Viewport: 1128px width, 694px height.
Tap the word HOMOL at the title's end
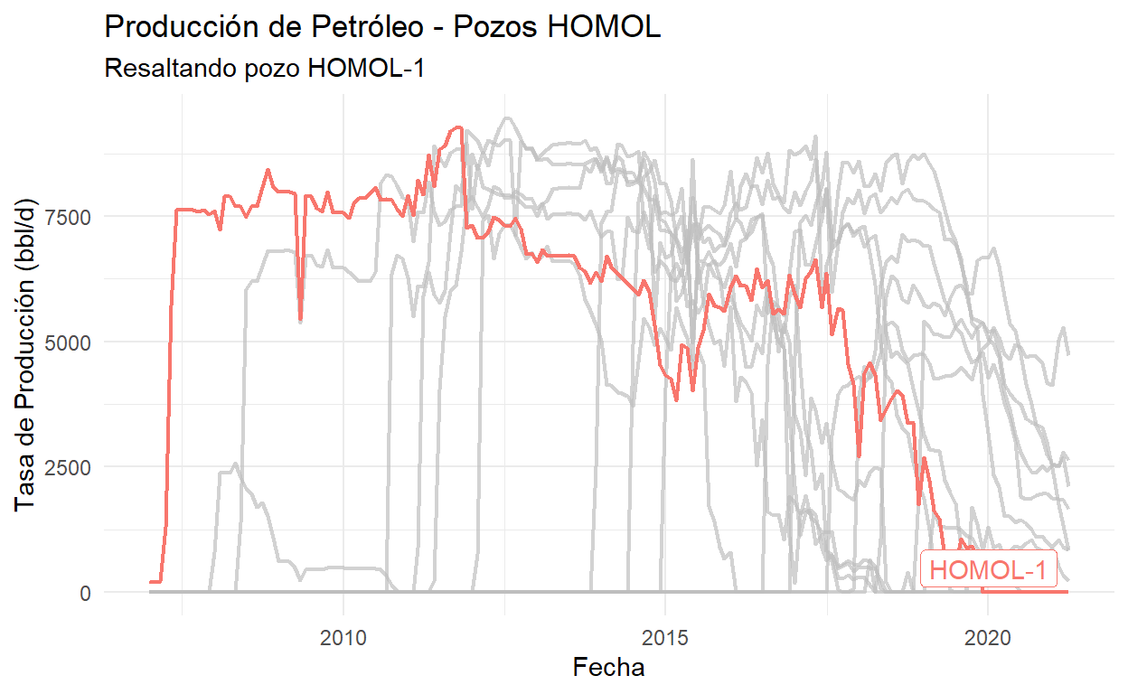tap(615, 27)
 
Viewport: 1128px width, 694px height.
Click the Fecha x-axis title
tap(609, 668)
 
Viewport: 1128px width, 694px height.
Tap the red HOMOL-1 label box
tap(988, 570)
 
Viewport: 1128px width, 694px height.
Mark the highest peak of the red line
tap(459, 127)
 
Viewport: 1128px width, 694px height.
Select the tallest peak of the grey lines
tap(507, 117)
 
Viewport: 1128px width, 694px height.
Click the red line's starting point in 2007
tap(151, 582)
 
